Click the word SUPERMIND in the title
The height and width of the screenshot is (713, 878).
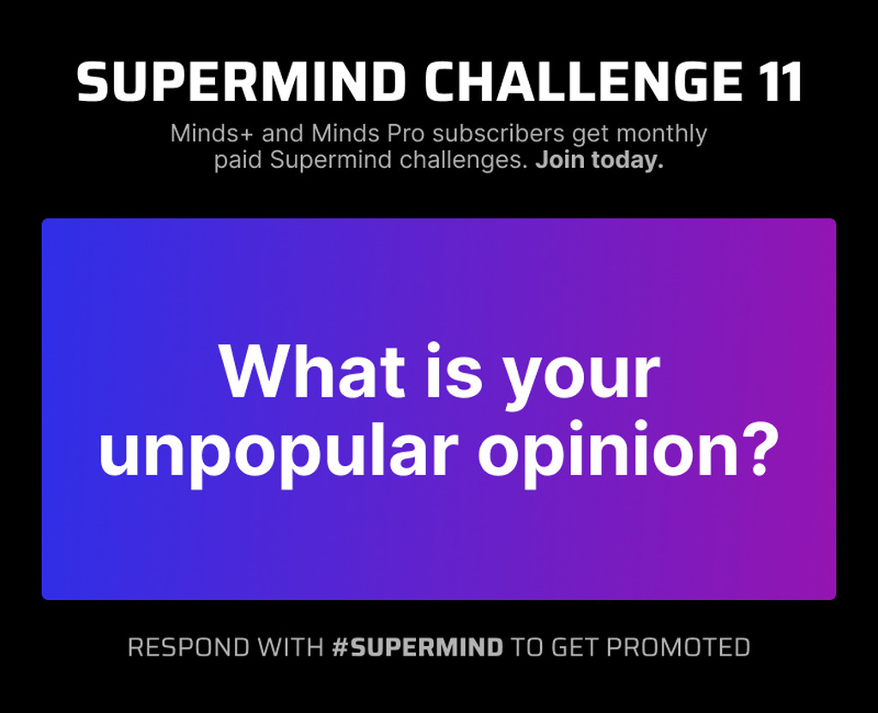click(x=241, y=81)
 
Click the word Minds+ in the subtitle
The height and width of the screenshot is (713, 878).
click(x=213, y=134)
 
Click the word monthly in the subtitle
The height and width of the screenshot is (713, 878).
click(x=662, y=135)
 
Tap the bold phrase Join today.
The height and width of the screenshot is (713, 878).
click(x=599, y=160)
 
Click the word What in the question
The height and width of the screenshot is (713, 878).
click(x=311, y=370)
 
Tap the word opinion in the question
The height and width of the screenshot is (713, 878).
click(x=609, y=452)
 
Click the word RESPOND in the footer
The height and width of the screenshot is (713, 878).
click(x=188, y=648)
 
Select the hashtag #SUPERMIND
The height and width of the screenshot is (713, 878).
click(x=418, y=648)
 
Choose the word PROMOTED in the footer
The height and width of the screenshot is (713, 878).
click(x=678, y=648)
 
